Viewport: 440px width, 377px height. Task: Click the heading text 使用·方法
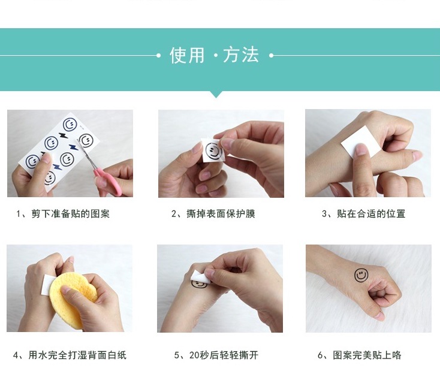(x=214, y=55)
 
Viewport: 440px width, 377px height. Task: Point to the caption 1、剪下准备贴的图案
(x=62, y=214)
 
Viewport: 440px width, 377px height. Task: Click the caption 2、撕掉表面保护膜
(x=213, y=214)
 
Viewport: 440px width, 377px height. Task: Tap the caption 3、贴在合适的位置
(x=364, y=214)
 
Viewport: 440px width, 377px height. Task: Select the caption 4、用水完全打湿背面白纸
(x=70, y=355)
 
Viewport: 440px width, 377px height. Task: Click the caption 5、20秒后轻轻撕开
(x=216, y=355)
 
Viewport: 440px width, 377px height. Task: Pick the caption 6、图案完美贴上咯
(x=360, y=355)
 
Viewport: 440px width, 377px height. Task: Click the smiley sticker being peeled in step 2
(x=213, y=151)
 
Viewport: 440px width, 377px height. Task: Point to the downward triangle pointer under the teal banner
(x=216, y=95)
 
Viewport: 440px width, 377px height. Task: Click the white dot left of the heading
(x=158, y=56)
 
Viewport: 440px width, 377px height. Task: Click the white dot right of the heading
(x=272, y=56)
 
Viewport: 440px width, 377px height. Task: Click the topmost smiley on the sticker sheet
(x=70, y=125)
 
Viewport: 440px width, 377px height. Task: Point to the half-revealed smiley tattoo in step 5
(x=200, y=285)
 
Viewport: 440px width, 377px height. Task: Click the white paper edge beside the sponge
(x=46, y=285)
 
